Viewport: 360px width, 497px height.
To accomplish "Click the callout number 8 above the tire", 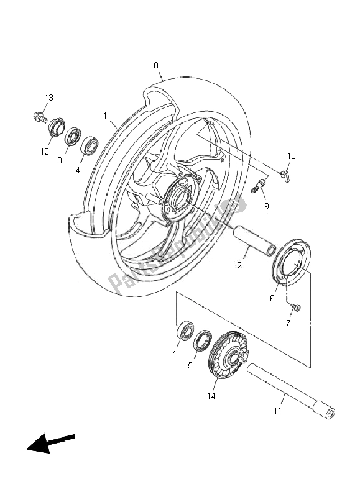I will tap(156, 65).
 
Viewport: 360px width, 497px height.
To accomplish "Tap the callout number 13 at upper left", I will tap(48, 98).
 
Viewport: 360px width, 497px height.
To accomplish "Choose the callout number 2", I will tap(239, 266).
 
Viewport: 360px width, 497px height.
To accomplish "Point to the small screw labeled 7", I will tap(295, 307).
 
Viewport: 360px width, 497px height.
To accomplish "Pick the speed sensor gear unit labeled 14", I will tap(228, 358).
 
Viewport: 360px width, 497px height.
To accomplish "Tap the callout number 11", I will tap(277, 411).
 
